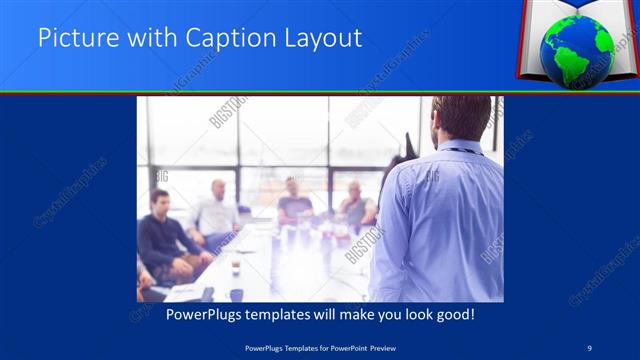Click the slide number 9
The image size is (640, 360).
pos(590,347)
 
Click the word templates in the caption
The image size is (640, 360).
pos(277,314)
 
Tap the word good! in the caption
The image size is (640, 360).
pos(453,314)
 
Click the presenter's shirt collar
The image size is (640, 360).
pos(459,150)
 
